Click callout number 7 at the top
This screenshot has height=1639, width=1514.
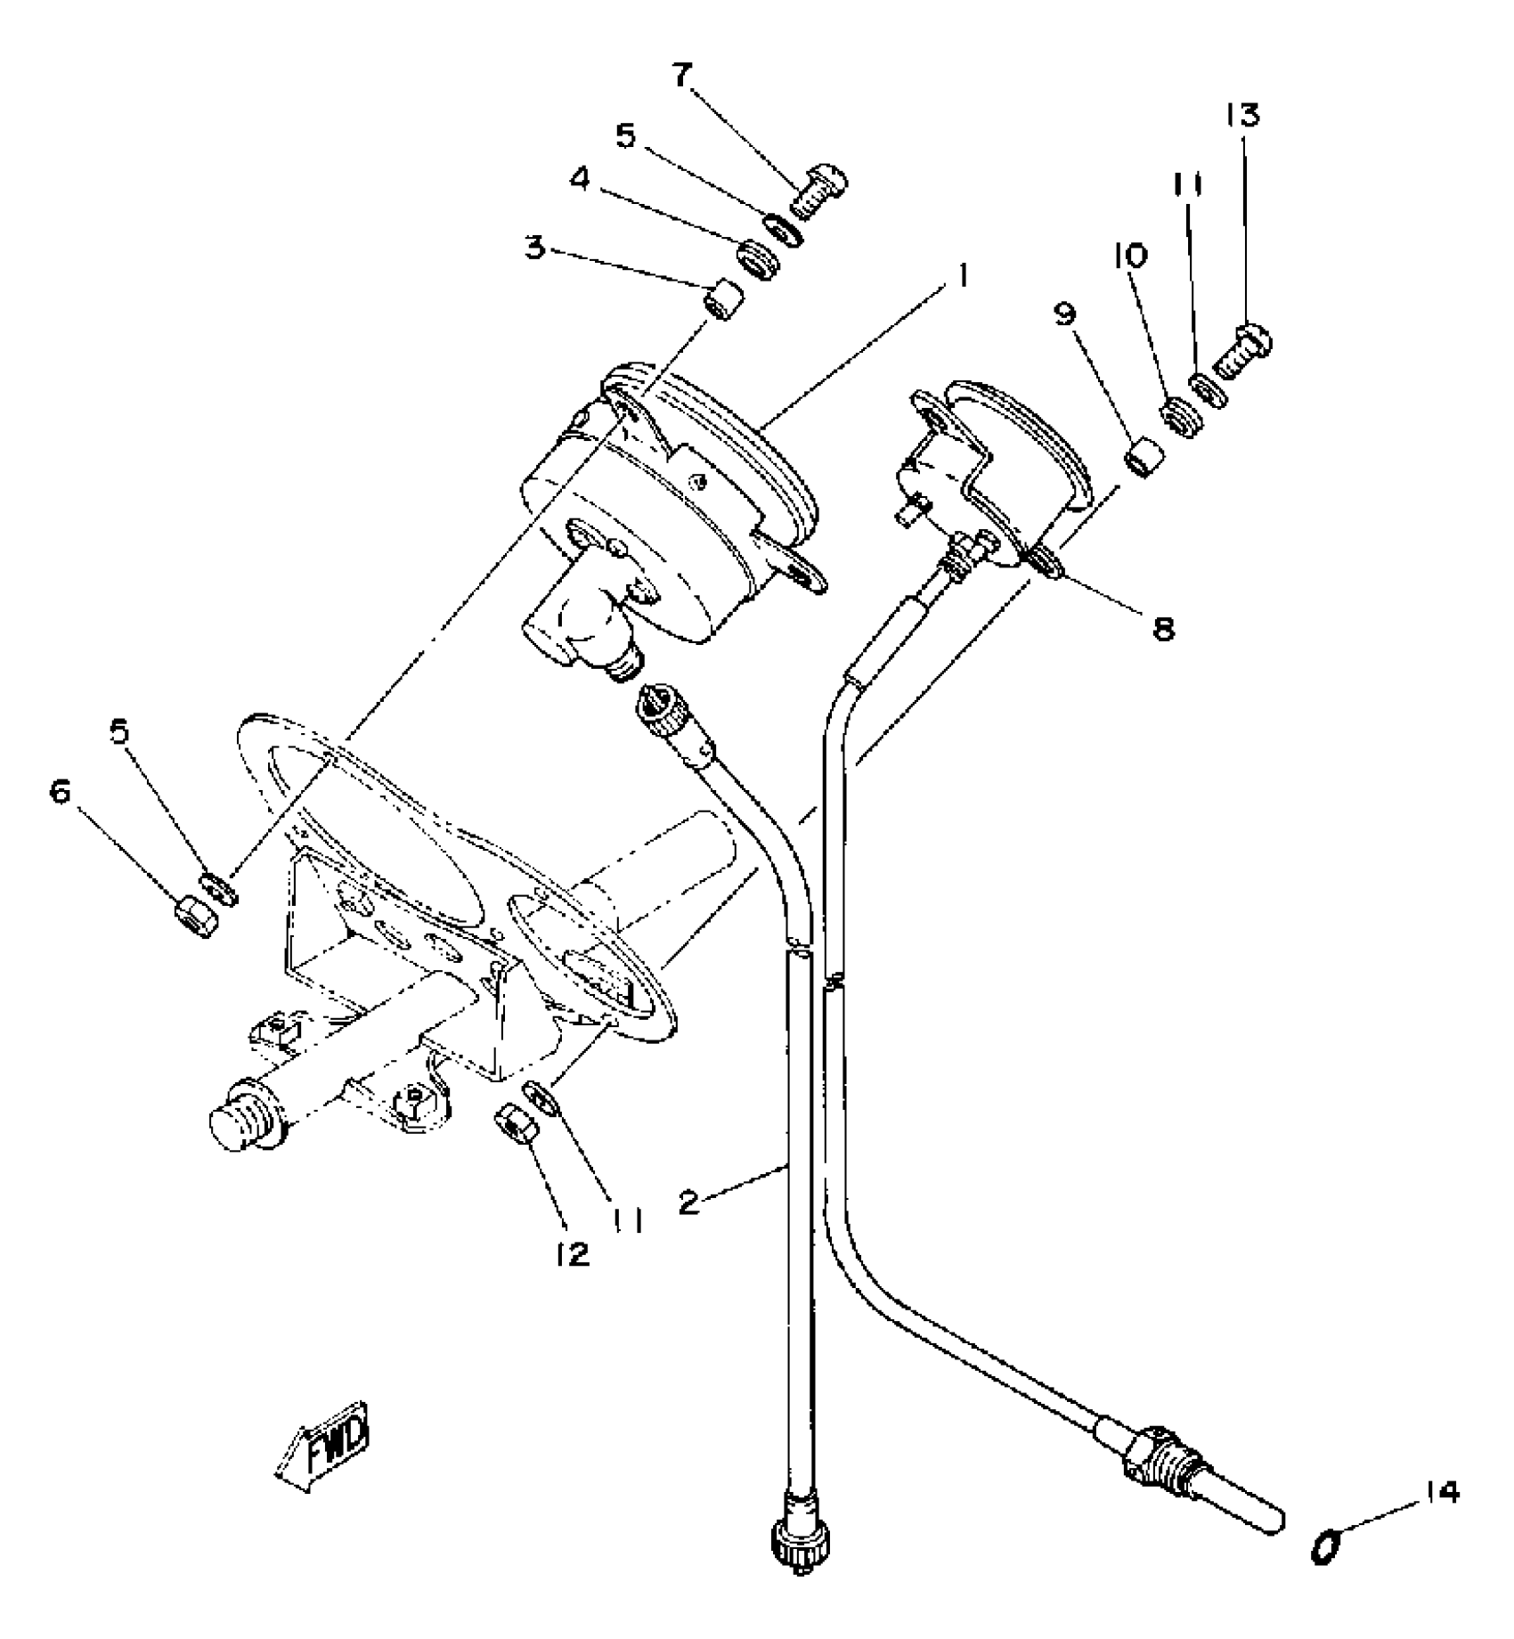point(681,77)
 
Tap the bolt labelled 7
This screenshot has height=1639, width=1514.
point(818,192)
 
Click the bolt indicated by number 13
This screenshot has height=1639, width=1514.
point(1242,349)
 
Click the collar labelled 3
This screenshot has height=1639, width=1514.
point(722,299)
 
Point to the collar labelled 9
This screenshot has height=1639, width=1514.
point(1143,456)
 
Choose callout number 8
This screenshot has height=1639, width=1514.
point(1163,628)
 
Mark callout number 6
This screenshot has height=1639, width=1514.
point(60,790)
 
